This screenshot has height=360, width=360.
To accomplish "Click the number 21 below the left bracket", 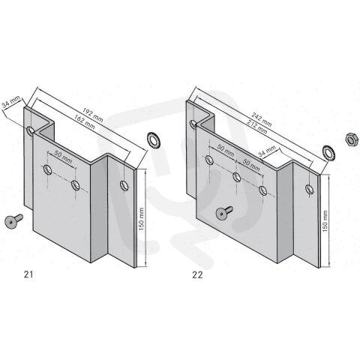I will point(29,274).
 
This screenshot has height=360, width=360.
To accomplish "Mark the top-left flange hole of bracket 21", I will point(31,132).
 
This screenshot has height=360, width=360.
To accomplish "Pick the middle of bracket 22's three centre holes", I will point(237,177).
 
